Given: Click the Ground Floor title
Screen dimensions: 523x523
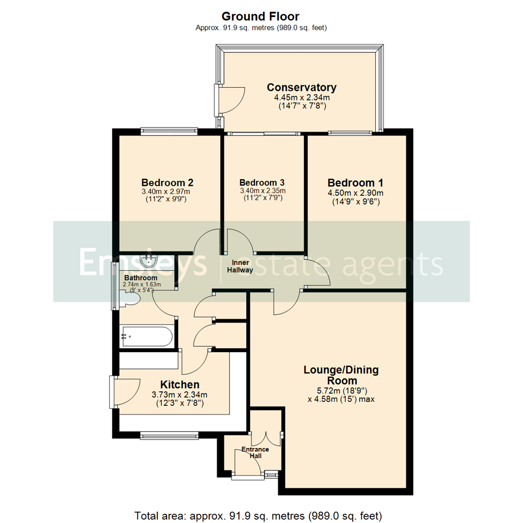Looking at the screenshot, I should click(261, 17).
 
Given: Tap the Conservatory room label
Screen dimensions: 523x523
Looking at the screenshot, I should click(301, 88).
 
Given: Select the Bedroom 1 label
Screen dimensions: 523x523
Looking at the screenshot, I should click(355, 183).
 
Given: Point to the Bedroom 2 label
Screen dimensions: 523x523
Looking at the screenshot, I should click(168, 183).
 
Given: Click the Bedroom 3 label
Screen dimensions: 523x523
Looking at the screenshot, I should click(262, 183).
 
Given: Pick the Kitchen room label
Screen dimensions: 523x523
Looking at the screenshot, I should click(180, 385).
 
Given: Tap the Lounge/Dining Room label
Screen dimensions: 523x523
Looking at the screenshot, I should click(341, 375).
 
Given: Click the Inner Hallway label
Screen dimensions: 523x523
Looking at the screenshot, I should click(240, 267).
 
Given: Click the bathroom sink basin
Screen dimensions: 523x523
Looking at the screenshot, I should click(147, 261).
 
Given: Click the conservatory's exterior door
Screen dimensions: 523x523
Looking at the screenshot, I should click(231, 99).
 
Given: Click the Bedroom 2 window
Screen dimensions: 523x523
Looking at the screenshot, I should click(169, 130).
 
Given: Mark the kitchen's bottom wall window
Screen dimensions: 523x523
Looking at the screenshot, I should click(169, 435).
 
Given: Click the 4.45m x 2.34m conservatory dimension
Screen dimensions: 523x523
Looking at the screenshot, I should click(301, 97).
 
